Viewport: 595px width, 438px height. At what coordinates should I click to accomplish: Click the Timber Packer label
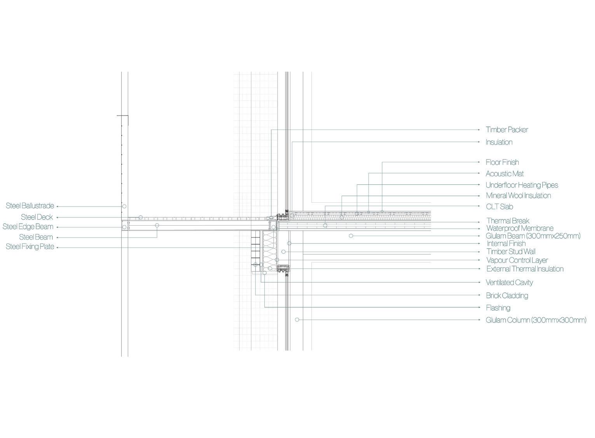coord(506,130)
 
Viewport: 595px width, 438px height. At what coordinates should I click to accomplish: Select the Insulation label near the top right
coord(499,142)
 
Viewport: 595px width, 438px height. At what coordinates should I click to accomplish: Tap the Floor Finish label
coord(502,162)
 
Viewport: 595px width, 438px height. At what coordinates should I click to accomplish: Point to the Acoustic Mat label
coord(504,174)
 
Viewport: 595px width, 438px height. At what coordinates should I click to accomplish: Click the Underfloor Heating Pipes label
coord(522,185)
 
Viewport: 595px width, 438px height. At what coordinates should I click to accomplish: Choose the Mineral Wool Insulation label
coord(518,196)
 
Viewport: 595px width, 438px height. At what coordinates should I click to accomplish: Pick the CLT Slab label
coord(499,207)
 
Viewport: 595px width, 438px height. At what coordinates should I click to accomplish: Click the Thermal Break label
coord(508,221)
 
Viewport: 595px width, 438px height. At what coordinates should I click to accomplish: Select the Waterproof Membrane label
coord(520,228)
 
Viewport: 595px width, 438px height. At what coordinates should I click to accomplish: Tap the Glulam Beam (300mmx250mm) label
coord(533,236)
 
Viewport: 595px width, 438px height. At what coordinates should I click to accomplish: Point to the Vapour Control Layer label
coord(517,261)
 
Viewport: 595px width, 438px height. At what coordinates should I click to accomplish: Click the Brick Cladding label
coord(507,296)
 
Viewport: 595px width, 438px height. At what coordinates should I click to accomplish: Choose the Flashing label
coord(498,308)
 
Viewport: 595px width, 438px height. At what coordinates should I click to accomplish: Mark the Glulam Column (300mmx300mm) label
coord(536,320)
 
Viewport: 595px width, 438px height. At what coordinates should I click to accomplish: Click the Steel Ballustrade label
coord(30,206)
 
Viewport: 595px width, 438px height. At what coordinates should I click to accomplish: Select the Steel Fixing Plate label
coord(30,247)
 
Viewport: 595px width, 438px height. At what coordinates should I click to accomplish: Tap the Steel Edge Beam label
coord(28,227)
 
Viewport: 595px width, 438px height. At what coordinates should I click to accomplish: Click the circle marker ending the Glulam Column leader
coord(297,320)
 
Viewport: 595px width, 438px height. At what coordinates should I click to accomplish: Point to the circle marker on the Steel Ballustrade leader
coord(124,206)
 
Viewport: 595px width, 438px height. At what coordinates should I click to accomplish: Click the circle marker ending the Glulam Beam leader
coord(351,236)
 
